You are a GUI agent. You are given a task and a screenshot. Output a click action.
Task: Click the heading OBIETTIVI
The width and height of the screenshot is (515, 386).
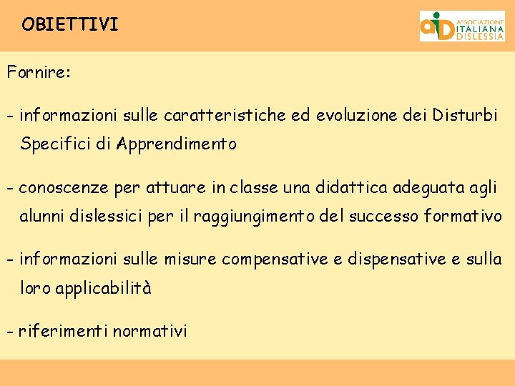point(70,25)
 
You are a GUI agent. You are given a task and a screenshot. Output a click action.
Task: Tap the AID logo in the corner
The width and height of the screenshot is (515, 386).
point(461,26)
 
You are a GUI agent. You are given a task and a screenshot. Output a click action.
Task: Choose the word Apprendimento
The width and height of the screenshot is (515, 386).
point(177,144)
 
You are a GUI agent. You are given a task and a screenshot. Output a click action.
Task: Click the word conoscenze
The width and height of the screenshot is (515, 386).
point(64,188)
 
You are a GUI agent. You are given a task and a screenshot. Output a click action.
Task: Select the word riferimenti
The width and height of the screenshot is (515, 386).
point(62,332)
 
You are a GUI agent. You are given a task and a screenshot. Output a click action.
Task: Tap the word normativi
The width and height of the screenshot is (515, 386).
point(150,332)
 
